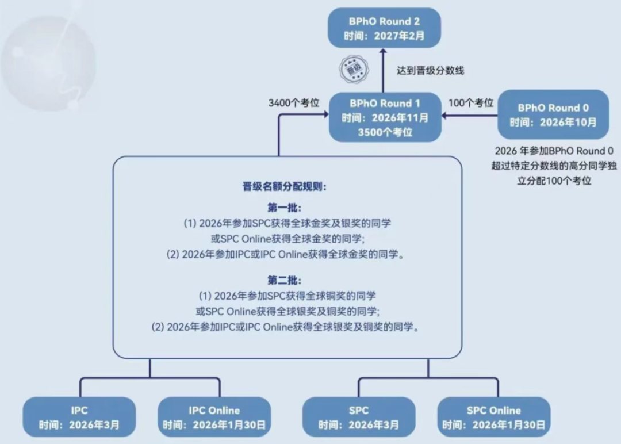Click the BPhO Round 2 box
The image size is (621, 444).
[384, 28]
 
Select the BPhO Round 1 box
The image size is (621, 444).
[385, 117]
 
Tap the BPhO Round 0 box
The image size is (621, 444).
[553, 114]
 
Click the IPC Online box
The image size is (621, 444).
[214, 417]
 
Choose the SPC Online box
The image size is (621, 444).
[494, 417]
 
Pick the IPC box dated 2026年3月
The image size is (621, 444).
[79, 417]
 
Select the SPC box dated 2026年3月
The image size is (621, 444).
[359, 417]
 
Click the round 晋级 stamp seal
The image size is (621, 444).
[354, 70]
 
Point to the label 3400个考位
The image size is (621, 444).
[294, 103]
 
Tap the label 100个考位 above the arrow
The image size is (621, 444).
[471, 103]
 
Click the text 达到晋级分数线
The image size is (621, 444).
[431, 71]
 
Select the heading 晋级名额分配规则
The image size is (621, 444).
[285, 186]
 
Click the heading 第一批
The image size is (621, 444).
[285, 208]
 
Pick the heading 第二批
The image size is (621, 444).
[285, 281]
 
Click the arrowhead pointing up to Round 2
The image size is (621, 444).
[383, 52]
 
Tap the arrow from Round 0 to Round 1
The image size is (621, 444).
[469, 115]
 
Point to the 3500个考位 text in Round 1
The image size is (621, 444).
[385, 132]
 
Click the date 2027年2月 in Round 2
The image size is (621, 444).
[399, 36]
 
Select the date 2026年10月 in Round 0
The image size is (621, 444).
[568, 123]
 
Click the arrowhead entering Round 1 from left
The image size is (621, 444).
[326, 114]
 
